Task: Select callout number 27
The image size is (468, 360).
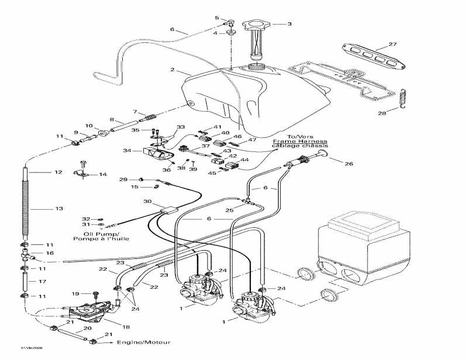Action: (x=393, y=44)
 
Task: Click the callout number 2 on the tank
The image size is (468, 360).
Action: (x=173, y=70)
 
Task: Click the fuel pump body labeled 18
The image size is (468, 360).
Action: (x=88, y=312)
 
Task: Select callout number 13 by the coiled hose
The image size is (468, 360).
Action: (x=58, y=208)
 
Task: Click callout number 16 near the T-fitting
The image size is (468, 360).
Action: (x=50, y=253)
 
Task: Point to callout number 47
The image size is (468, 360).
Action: (x=253, y=140)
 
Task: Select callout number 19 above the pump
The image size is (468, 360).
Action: (x=75, y=293)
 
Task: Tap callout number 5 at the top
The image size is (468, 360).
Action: (x=216, y=18)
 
